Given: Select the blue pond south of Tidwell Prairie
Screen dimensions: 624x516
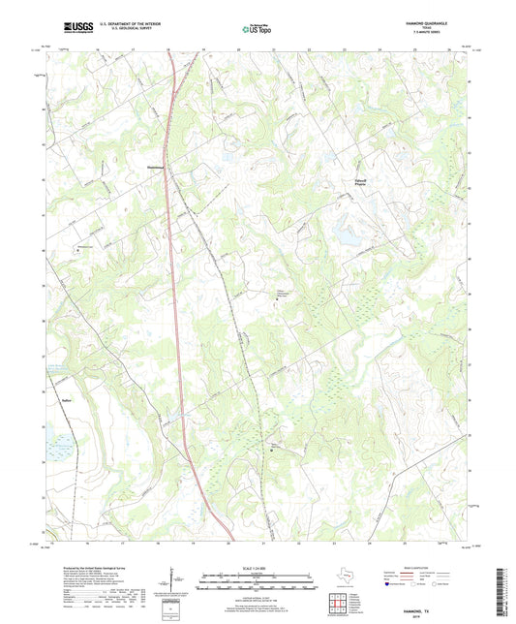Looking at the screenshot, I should point(346,233).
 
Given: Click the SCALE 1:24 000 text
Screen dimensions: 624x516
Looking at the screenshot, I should point(258,567).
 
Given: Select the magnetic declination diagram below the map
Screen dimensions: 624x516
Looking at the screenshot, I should point(174,581).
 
